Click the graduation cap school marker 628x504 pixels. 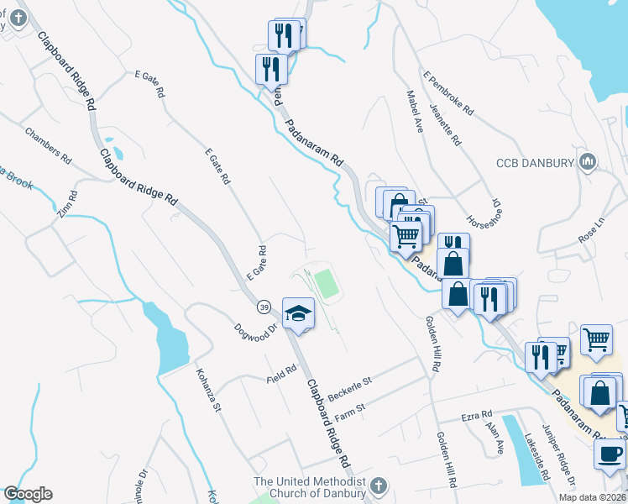297,313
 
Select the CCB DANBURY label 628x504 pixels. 535,162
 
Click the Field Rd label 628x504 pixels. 282,373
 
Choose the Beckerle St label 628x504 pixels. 349,387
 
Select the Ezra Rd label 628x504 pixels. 475,417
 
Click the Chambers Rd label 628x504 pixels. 47,144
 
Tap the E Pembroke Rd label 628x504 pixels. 449,93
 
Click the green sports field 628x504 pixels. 327,283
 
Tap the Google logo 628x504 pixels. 28,494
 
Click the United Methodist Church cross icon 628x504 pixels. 378,486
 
